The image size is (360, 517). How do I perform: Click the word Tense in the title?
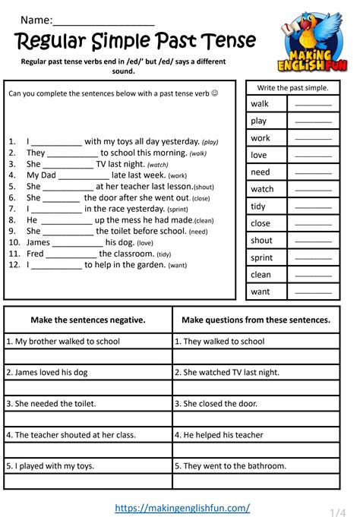[225, 40]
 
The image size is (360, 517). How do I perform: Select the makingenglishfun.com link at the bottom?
[182, 507]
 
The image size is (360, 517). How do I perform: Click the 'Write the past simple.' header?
[292, 88]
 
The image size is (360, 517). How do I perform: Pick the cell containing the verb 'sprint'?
[262, 257]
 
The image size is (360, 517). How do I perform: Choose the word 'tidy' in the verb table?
[259, 206]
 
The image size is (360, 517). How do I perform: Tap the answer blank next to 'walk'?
[313, 104]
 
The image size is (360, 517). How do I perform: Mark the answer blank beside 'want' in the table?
[313, 292]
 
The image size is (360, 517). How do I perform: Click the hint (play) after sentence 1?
[210, 142]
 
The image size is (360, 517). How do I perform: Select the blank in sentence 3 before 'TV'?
[68, 164]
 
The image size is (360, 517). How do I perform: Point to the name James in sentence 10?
[38, 242]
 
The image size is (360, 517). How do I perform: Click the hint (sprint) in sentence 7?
[177, 209]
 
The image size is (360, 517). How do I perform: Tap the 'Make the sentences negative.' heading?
[88, 320]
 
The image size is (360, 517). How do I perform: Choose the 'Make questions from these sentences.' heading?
[256, 320]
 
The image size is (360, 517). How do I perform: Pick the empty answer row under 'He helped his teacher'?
[256, 450]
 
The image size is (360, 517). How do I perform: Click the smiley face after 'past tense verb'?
[214, 94]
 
